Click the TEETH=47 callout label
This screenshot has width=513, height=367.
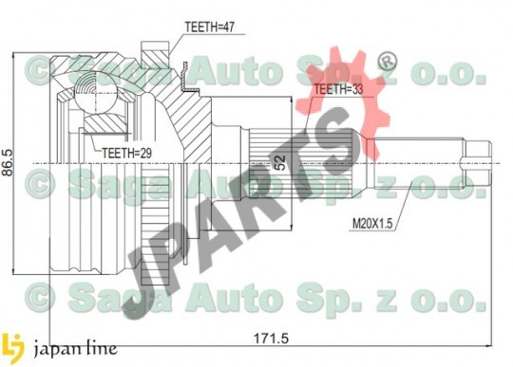click(210, 27)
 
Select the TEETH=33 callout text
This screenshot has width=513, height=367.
click(338, 89)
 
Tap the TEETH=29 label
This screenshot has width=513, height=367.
click(127, 153)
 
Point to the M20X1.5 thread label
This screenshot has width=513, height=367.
click(372, 224)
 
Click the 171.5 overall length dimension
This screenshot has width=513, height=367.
click(271, 339)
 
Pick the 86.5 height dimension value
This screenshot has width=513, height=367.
click(8, 162)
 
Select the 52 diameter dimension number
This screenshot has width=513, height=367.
click(280, 162)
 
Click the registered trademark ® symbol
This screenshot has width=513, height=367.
click(388, 61)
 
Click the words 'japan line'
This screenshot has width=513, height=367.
click(76, 349)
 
